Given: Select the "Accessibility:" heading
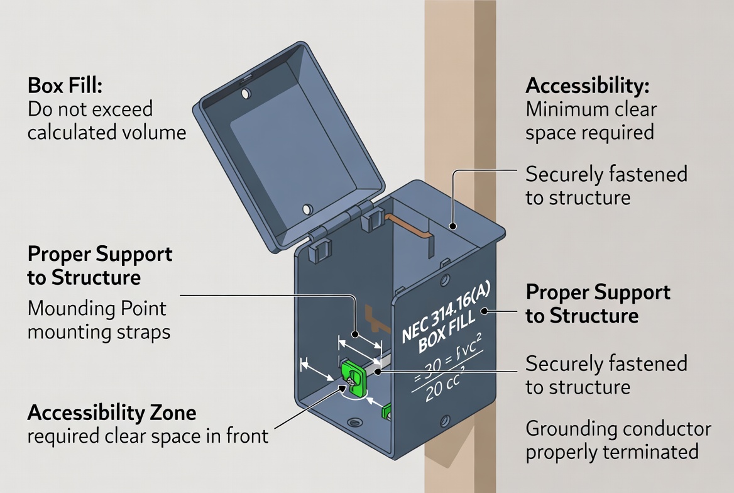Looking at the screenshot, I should [x=588, y=86].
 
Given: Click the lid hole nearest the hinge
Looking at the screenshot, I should [x=307, y=208].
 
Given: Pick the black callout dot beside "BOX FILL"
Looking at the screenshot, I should [x=485, y=311].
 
